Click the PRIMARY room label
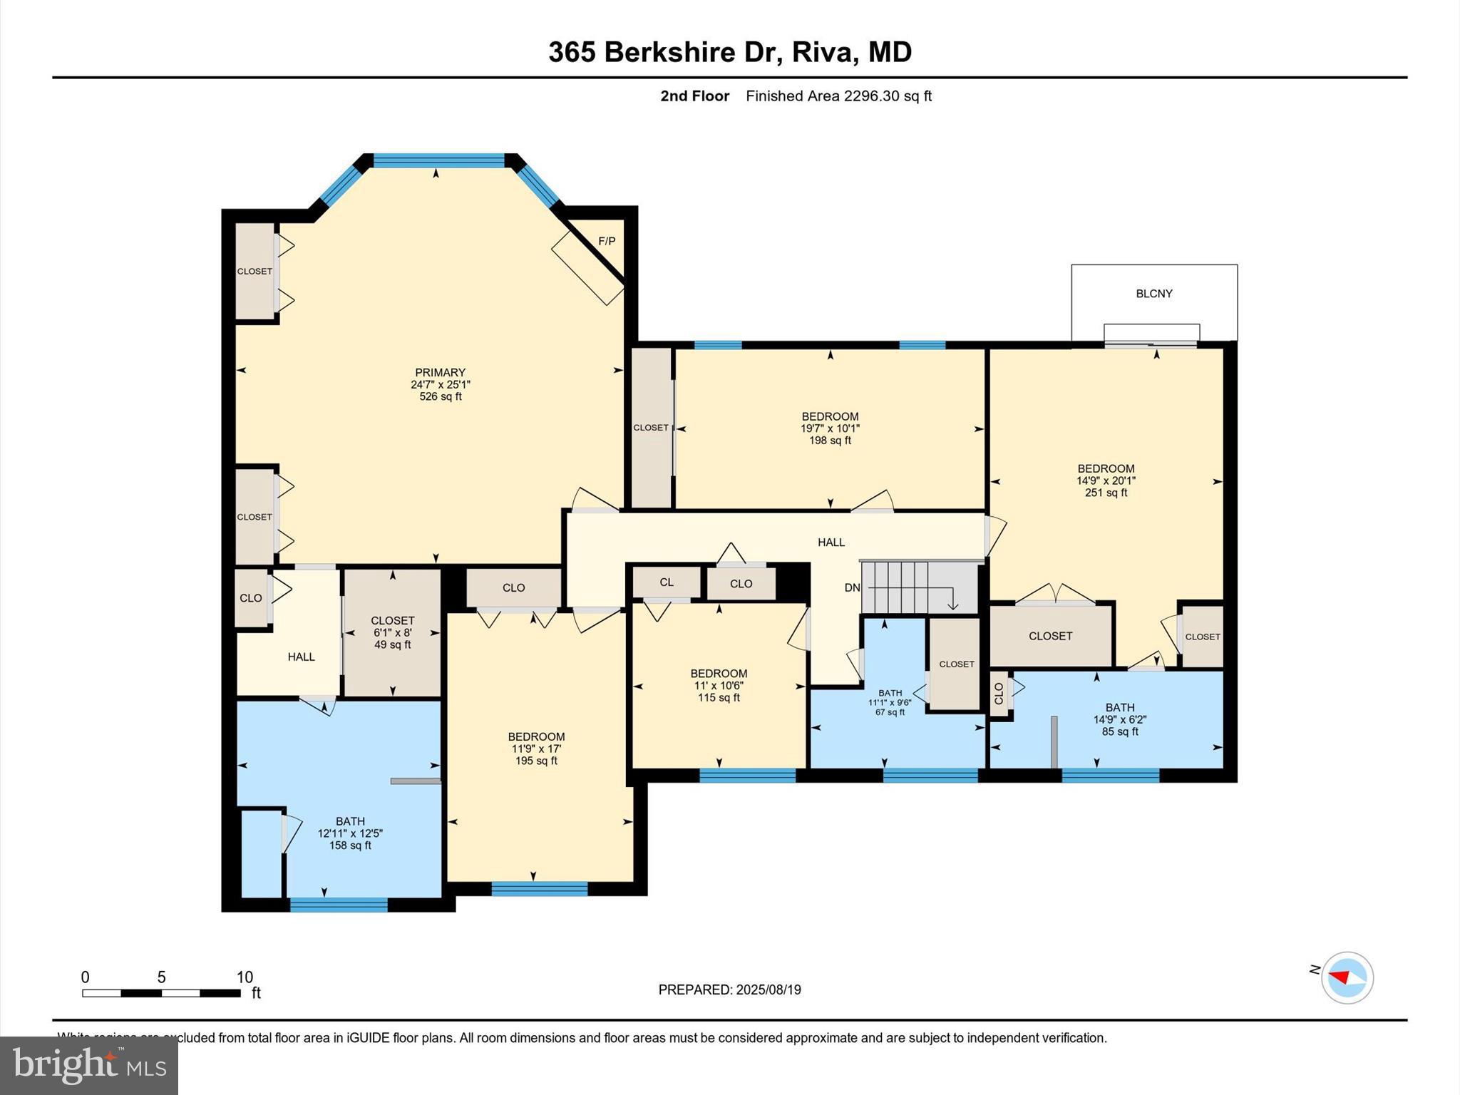click(x=440, y=372)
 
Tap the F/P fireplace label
click(x=607, y=242)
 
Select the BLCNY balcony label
click(x=1153, y=294)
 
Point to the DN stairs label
click(x=852, y=588)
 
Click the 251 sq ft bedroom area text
click(x=1106, y=493)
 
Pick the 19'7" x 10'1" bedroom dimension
click(x=830, y=428)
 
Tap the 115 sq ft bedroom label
click(x=719, y=698)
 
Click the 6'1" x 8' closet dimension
click(x=392, y=633)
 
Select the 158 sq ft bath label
click(x=350, y=845)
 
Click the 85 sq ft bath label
click(x=1119, y=731)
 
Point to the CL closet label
click(x=666, y=582)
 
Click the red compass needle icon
click(x=1340, y=977)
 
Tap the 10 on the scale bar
click(x=245, y=977)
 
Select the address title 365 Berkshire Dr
click(x=661, y=52)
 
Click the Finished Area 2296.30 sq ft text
click(x=838, y=96)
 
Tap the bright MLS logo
click(x=89, y=1065)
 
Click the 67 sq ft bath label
click(x=890, y=712)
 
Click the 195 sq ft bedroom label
click(x=536, y=761)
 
